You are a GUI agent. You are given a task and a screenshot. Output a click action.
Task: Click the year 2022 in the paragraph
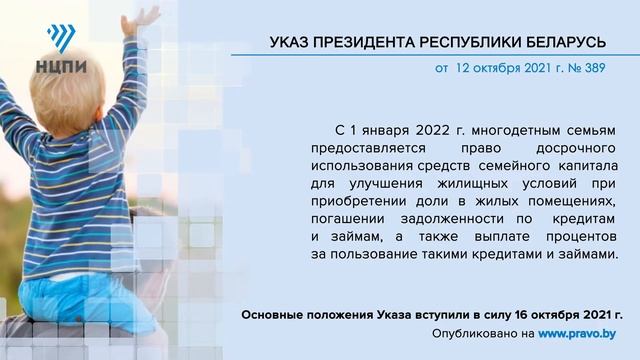click(x=416, y=130)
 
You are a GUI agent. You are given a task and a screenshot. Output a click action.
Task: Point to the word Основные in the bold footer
click(x=275, y=314)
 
